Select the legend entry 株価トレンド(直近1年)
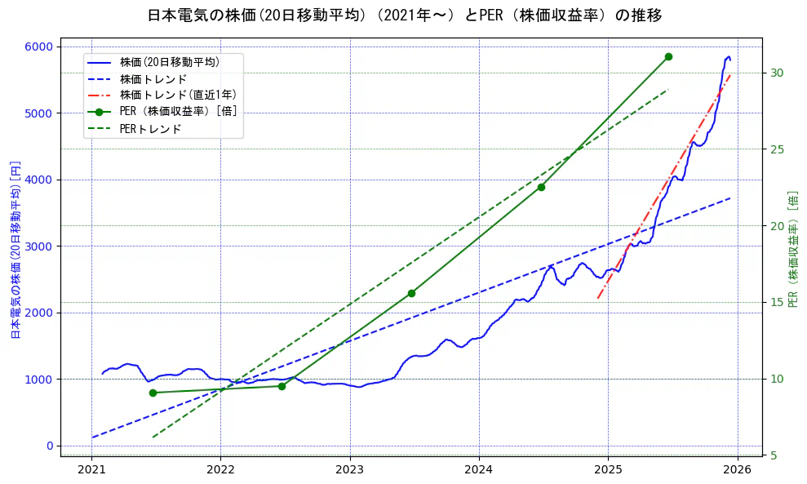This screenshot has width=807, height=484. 178,95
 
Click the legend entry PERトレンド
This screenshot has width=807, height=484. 150,129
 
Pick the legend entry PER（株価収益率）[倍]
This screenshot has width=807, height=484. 178,112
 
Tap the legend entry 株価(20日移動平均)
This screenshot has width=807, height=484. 169,61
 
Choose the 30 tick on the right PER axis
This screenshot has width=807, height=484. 776,73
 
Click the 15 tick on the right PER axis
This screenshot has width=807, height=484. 776,302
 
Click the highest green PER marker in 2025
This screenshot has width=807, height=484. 668,56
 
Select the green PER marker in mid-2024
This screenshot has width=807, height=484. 541,187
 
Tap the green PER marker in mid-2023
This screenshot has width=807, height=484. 411,293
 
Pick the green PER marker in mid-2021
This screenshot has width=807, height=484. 153,393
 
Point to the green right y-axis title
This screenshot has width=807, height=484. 792,249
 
